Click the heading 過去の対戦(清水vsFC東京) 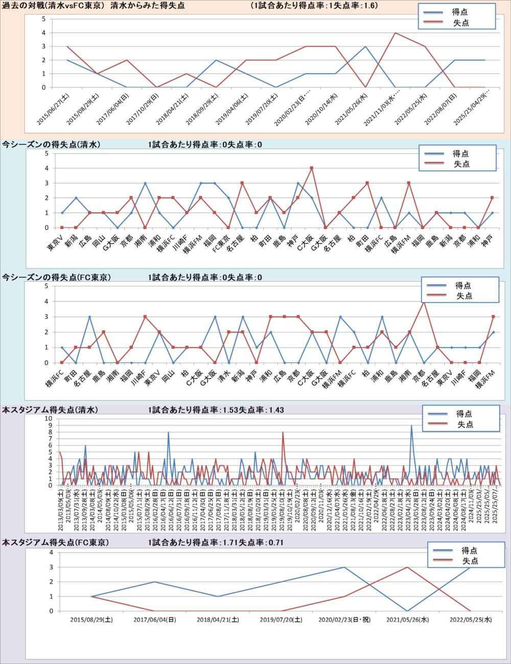[53, 6]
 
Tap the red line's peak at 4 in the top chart [395, 33]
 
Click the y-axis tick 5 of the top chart [44, 19]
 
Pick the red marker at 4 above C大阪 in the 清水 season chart [312, 168]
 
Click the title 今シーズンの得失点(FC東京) [56, 277]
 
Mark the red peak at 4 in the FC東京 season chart [423, 302]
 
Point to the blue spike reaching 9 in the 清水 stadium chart [411, 425]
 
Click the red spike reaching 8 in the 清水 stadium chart [283, 432]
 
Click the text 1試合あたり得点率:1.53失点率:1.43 [216, 409]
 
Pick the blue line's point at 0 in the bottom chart [407, 611]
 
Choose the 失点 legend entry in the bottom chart [470, 561]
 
